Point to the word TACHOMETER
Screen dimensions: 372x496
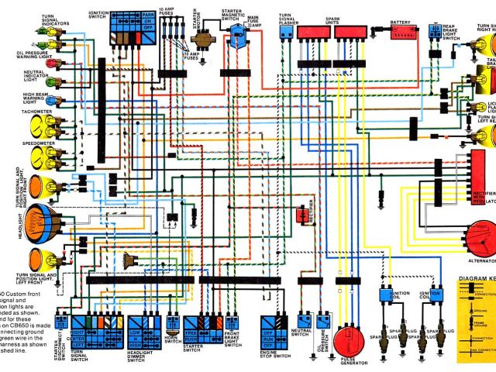click(16, 111)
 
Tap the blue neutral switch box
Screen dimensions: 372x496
click(301, 320)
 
